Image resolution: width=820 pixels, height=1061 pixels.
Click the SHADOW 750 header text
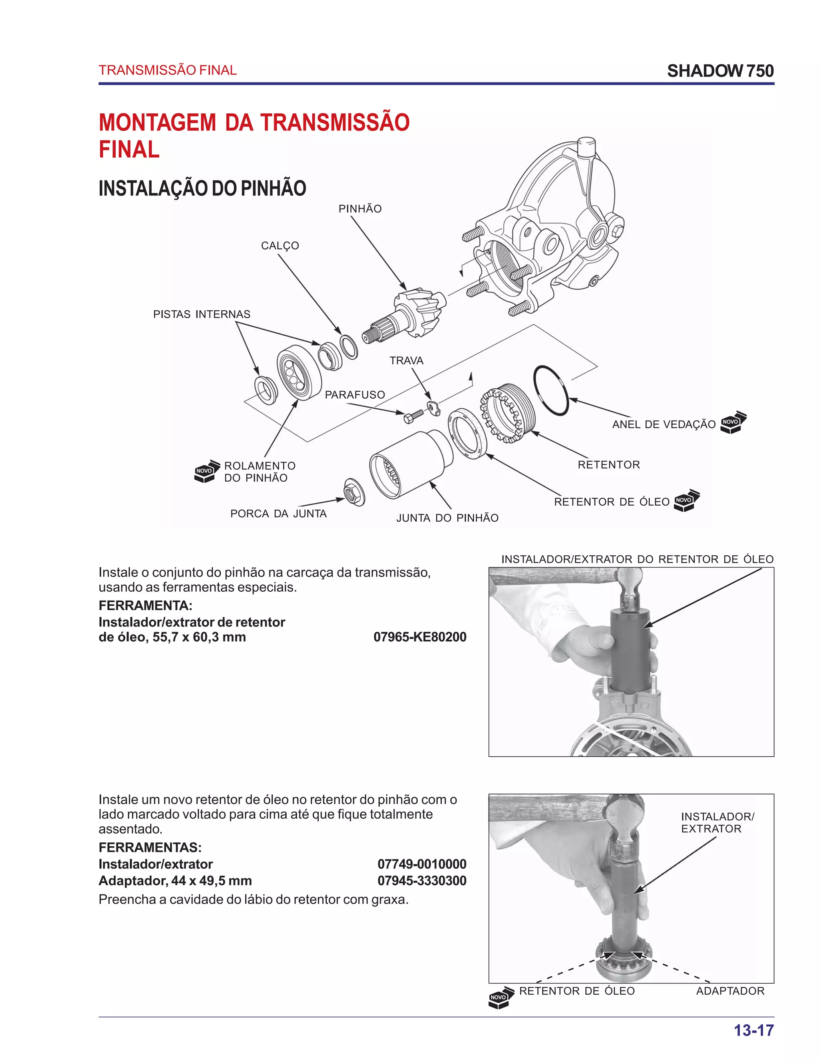(x=720, y=71)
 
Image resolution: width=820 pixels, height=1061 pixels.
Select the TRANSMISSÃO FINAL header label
(x=168, y=70)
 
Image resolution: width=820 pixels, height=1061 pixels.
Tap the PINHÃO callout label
(x=360, y=209)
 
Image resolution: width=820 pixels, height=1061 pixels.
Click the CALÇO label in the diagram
(x=280, y=246)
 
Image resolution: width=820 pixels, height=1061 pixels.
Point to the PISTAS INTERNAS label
(x=202, y=314)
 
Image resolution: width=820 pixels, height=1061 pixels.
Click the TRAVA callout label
(x=406, y=360)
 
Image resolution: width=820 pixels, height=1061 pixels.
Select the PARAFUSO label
(x=355, y=395)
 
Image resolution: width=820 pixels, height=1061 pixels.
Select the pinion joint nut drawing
(x=354, y=492)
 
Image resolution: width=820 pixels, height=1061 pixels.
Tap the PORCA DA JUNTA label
(x=278, y=514)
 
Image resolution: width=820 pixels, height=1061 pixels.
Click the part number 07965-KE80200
(x=420, y=637)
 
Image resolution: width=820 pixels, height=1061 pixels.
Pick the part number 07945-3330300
(x=422, y=880)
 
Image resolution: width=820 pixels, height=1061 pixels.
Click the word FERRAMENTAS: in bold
(x=150, y=847)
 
